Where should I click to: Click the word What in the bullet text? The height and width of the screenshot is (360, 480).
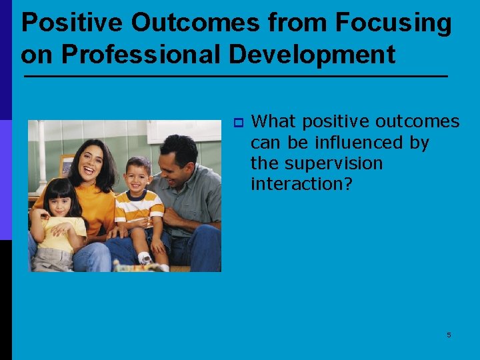point(275,121)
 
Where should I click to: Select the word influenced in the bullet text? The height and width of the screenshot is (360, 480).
point(351,143)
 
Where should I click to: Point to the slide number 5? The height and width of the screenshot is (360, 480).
point(449,335)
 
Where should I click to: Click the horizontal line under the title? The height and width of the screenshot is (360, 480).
point(235,77)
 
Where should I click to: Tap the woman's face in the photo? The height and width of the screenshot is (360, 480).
point(99,165)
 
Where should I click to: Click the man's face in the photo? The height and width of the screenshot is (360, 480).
point(175,162)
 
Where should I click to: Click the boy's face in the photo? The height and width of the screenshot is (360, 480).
point(137,176)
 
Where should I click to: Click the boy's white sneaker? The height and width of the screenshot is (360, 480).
point(145,258)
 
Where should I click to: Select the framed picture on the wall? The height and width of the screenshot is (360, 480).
point(67,165)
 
